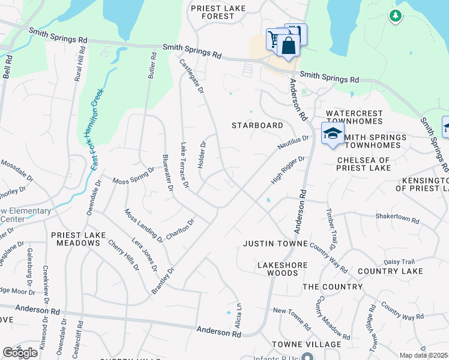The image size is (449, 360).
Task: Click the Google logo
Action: pos(20,353)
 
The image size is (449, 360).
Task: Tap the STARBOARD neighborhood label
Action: pos(258,125)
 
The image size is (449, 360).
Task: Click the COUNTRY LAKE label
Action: pos(390,271)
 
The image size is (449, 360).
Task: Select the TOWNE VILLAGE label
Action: pos(306,344)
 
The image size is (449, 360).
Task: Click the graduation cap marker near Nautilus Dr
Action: pos(332,134)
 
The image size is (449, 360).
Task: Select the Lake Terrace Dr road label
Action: pos(185,164)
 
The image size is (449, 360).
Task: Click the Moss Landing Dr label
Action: pos(143,226)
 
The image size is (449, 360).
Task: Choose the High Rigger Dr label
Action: pos(288,170)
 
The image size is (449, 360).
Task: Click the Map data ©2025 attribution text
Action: pos(424,355)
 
